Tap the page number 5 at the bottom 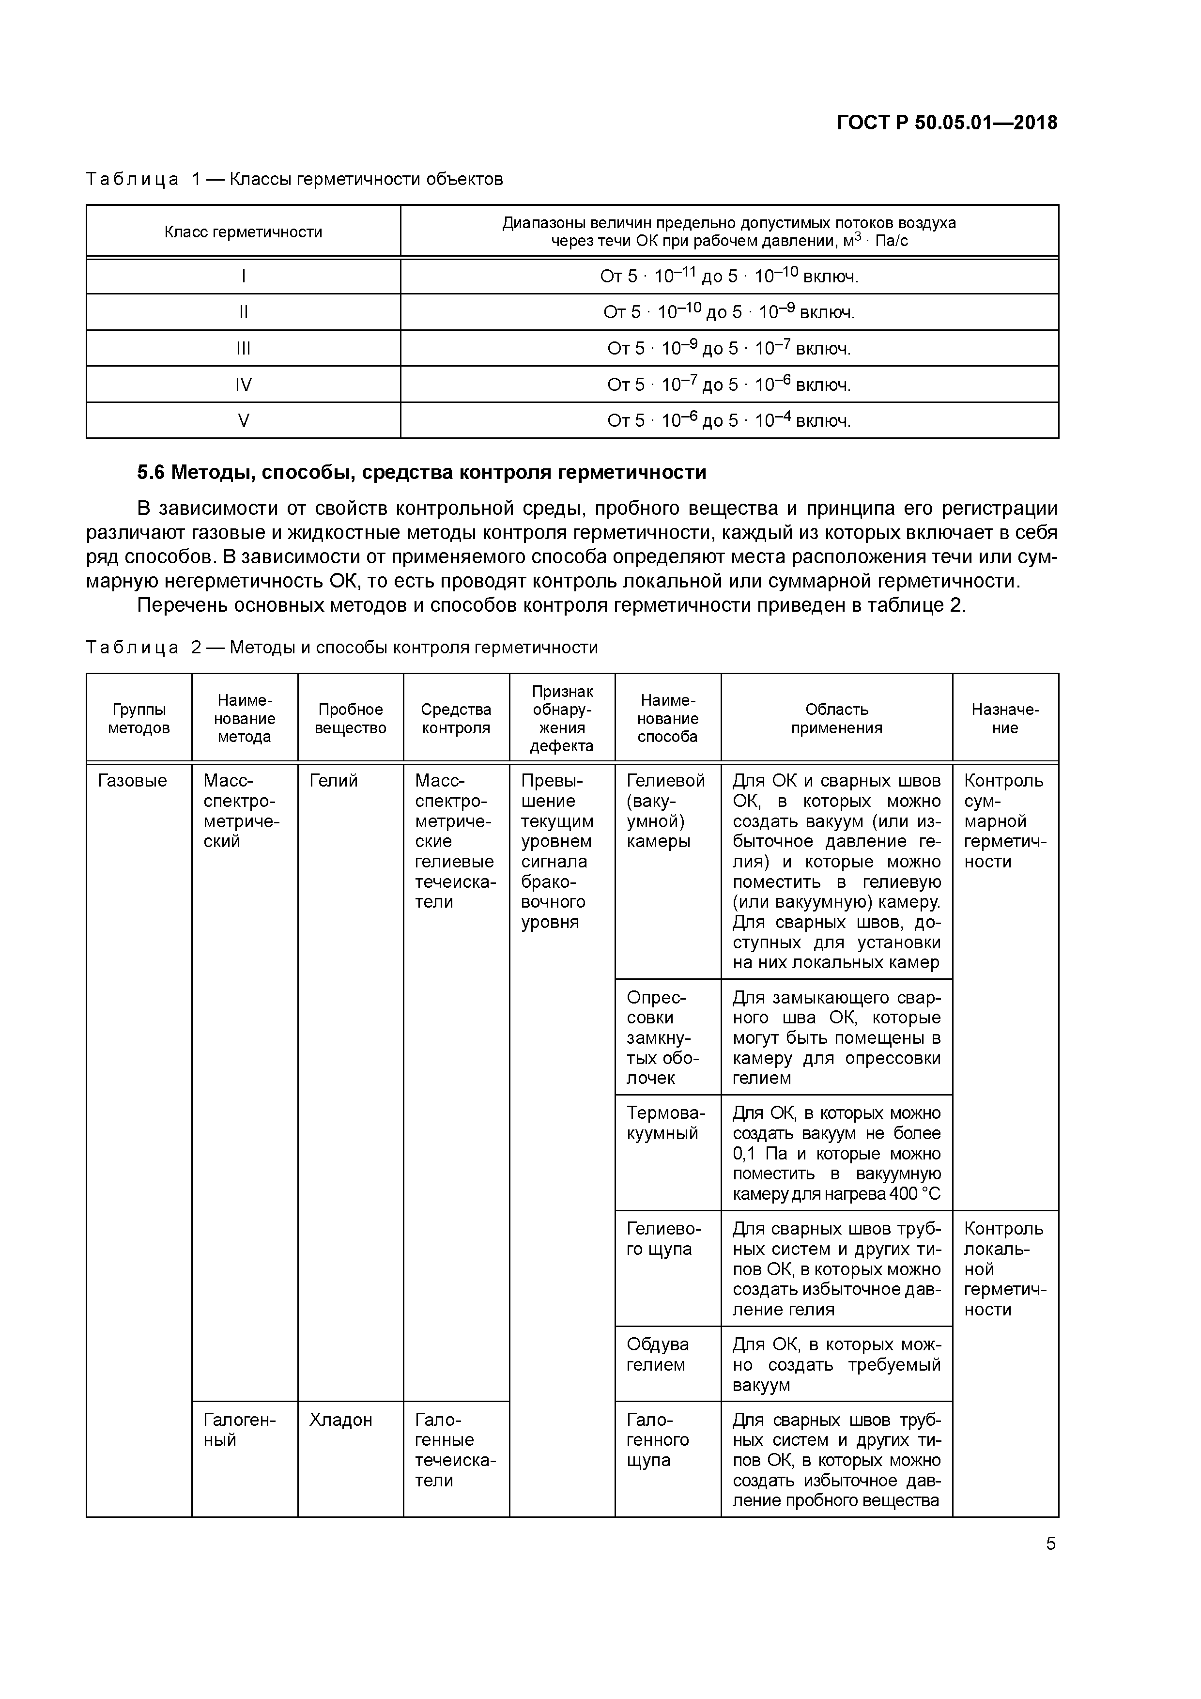pos(1050,1544)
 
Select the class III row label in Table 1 pos(244,348)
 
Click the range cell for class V pos(729,420)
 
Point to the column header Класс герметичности pos(244,232)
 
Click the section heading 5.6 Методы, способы pos(422,472)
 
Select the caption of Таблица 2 pos(342,648)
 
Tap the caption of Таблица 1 pos(294,179)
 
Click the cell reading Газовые pos(133,781)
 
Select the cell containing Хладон pos(340,1419)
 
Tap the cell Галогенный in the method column pos(239,1430)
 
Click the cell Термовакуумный pos(665,1123)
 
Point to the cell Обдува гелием pos(658,1354)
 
